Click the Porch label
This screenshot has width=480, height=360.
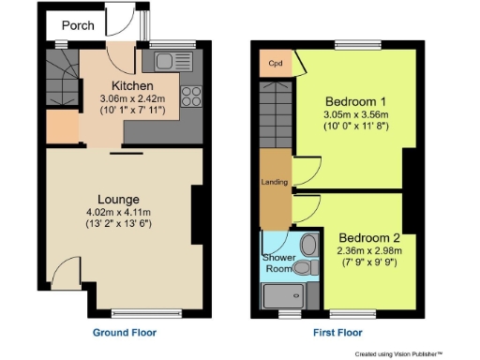point(78,25)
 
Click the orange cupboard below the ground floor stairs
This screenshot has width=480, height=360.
point(63,127)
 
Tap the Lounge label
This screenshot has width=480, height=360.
point(118,199)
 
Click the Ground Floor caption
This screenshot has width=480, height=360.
point(124,333)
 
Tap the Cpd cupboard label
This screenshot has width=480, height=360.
point(276,64)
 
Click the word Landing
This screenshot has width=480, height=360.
point(273,181)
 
